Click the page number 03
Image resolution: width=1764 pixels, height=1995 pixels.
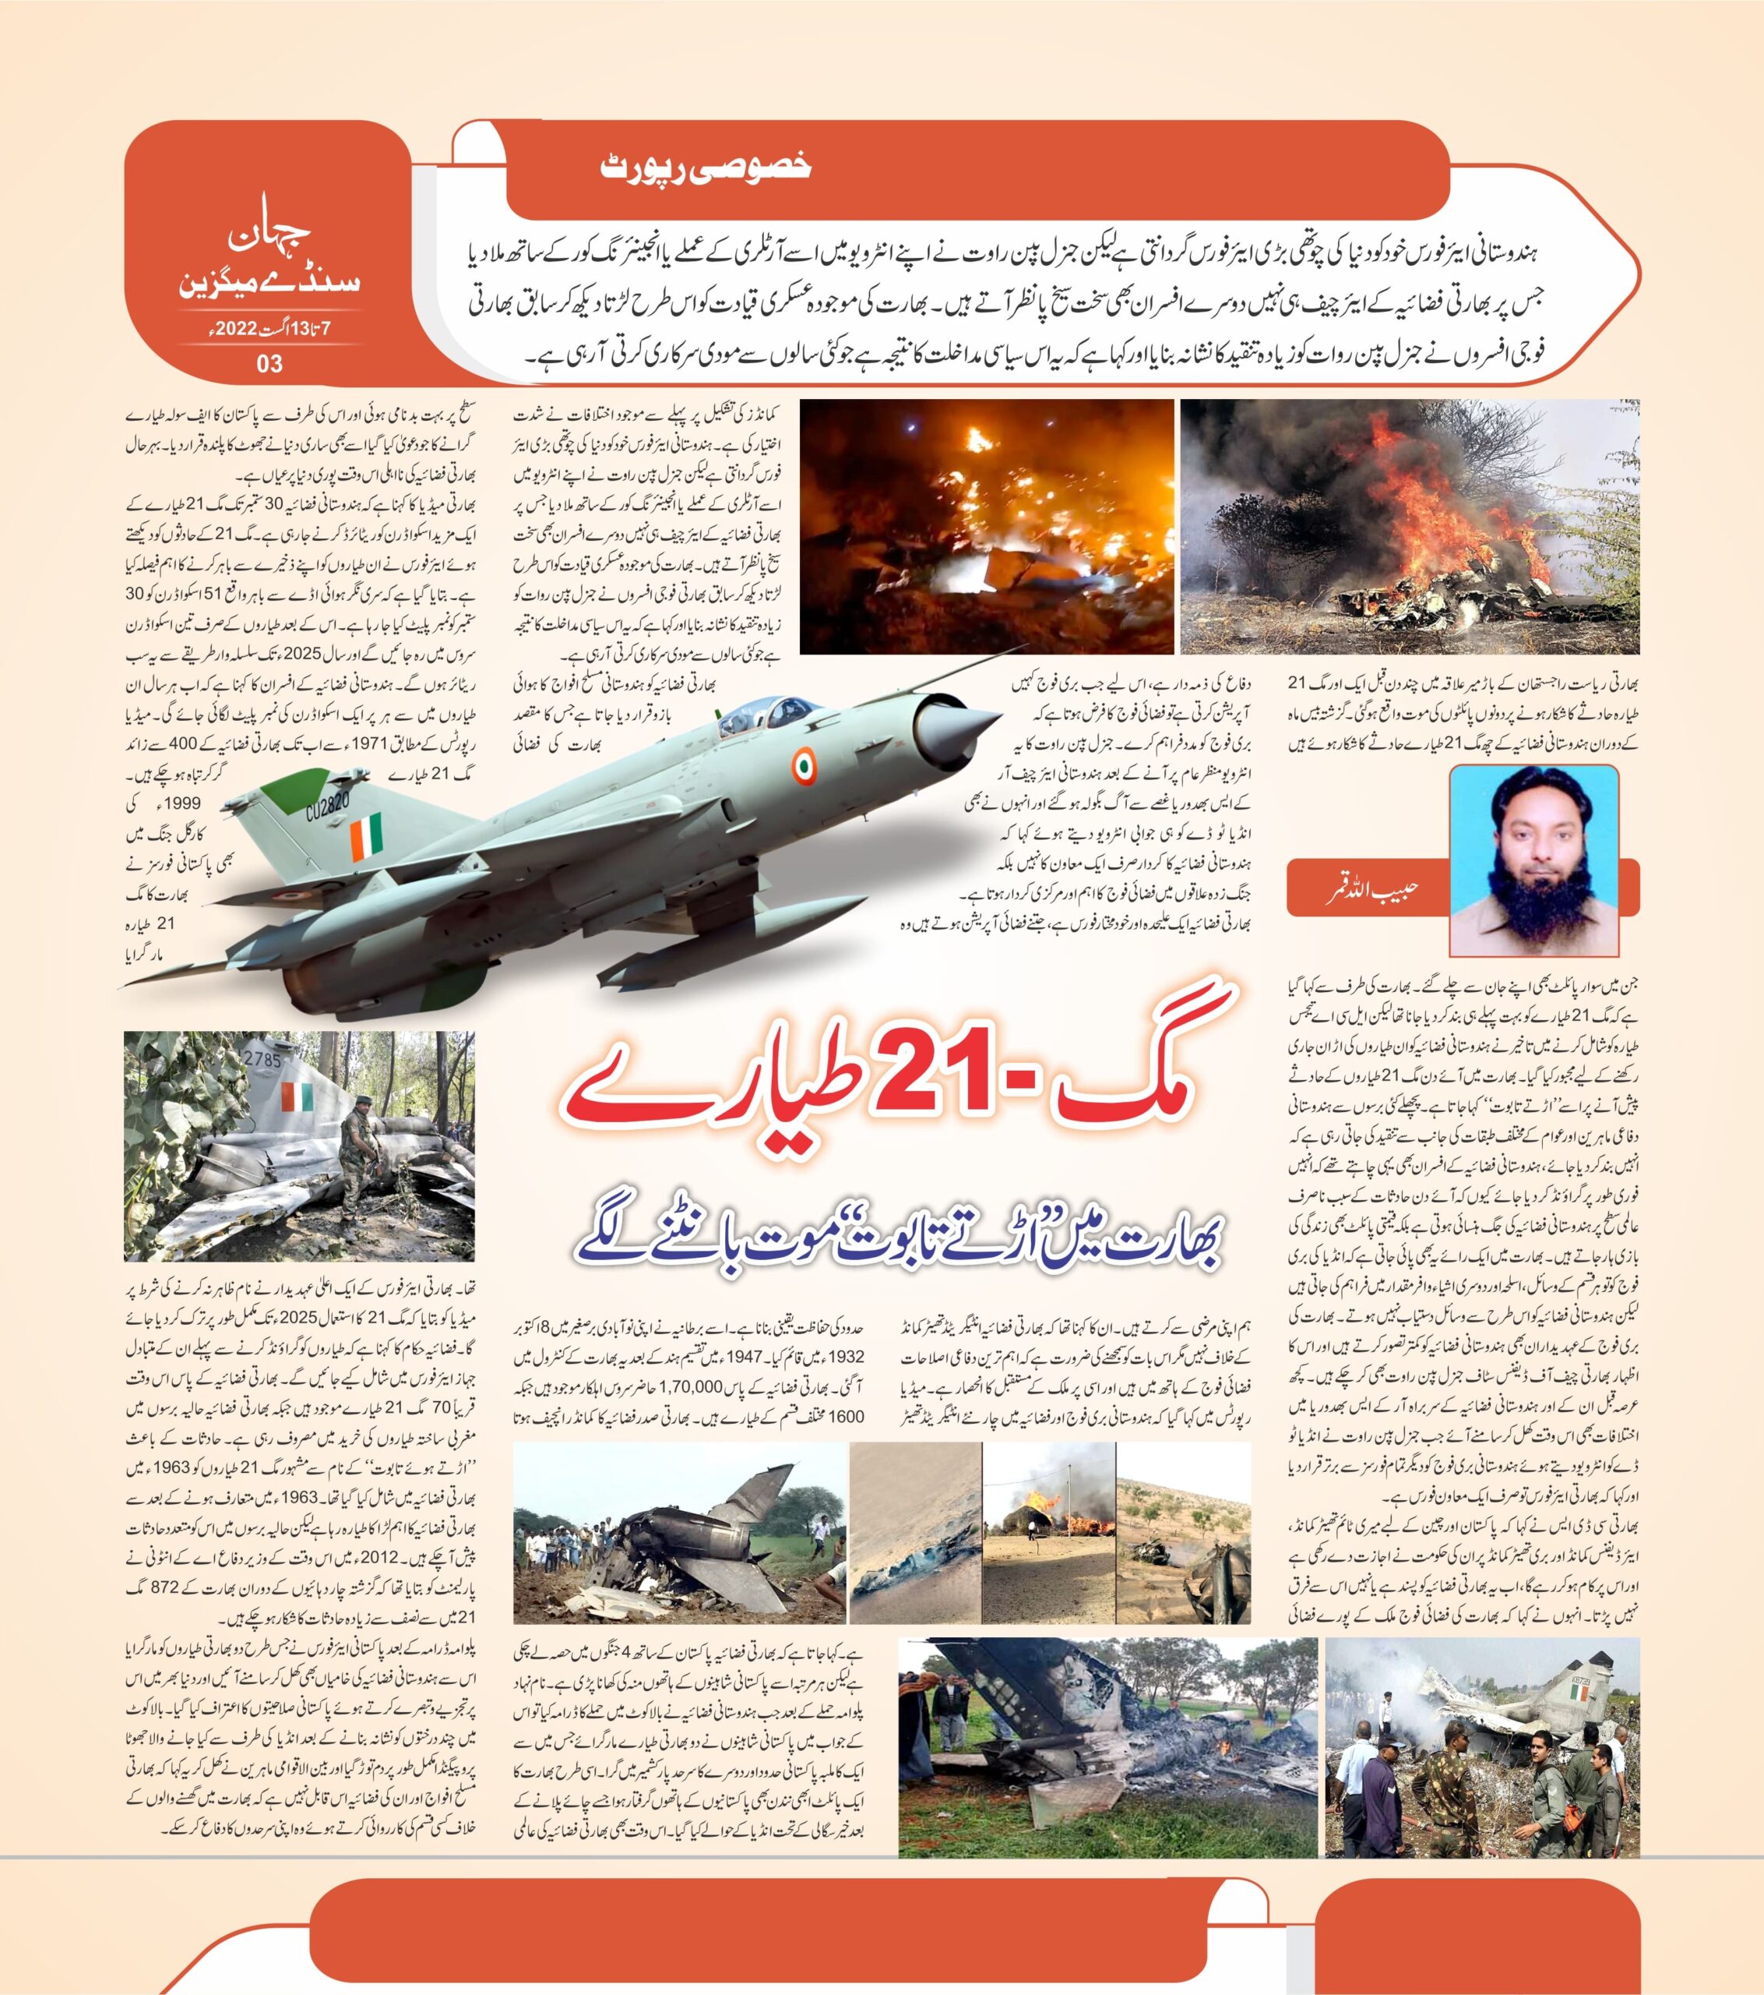click(269, 364)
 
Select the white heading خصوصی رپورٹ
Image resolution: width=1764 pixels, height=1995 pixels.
click(706, 167)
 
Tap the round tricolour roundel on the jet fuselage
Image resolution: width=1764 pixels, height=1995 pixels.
click(801, 765)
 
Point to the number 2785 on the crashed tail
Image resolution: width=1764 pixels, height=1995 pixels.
click(262, 1060)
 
